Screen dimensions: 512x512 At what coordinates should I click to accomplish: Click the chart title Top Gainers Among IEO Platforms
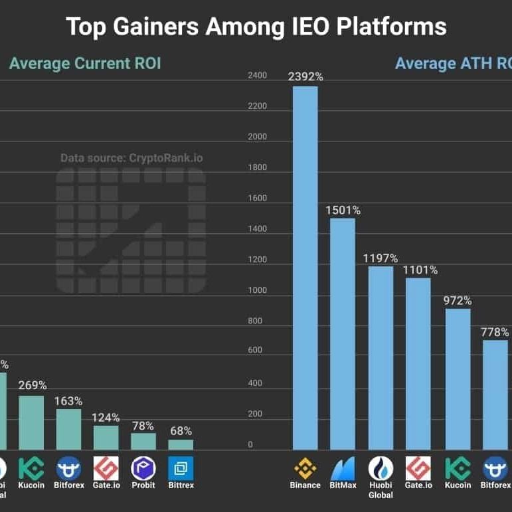pos(256,27)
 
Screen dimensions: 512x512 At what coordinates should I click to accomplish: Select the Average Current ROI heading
pos(85,64)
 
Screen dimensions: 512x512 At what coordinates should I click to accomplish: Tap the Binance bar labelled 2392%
pos(305,266)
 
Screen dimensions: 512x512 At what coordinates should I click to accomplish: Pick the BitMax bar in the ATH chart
pos(343,332)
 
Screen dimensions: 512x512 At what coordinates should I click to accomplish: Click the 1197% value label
pos(380,258)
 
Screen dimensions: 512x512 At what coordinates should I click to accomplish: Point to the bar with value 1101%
pos(418,362)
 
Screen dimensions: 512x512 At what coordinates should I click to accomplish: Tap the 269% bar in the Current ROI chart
pos(31,422)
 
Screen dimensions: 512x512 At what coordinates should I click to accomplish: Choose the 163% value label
pos(69,401)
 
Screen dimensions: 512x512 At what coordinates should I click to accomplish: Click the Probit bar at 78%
pos(143,441)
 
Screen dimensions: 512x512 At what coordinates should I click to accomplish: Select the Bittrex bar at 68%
pos(181,444)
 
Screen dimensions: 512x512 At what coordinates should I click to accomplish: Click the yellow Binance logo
pos(305,467)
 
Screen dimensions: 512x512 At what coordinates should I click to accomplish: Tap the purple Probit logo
pos(143,468)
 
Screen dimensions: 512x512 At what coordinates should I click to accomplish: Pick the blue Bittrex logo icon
pos(181,468)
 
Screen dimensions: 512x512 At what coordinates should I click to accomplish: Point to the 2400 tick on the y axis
pos(257,76)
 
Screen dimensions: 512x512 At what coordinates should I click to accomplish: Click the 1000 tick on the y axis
pos(257,291)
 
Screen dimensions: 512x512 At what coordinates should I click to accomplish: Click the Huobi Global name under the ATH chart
pos(381,489)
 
